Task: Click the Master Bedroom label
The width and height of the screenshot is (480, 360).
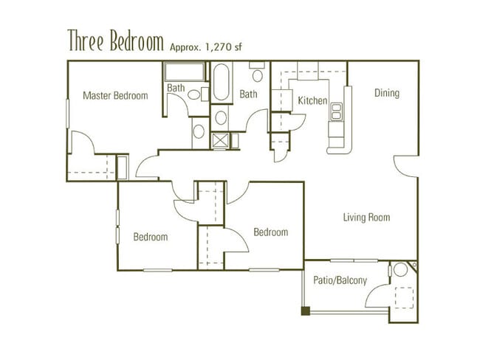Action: (115, 95)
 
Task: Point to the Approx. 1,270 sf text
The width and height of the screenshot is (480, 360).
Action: (206, 46)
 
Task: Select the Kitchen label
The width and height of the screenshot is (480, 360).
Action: (312, 100)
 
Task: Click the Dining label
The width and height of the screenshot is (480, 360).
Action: (386, 93)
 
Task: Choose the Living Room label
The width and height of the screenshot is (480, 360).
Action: (366, 218)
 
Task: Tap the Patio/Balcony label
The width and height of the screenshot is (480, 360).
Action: (340, 280)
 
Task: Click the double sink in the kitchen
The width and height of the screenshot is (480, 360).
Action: (337, 111)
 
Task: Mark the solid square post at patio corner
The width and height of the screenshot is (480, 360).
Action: (306, 311)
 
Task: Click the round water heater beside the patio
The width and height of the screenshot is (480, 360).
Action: (401, 270)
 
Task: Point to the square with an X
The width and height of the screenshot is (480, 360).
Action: (220, 140)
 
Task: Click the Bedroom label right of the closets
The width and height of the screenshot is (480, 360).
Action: (270, 232)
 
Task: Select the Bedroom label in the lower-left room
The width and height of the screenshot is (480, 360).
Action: (150, 237)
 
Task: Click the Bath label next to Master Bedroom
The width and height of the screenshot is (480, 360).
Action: (176, 88)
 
